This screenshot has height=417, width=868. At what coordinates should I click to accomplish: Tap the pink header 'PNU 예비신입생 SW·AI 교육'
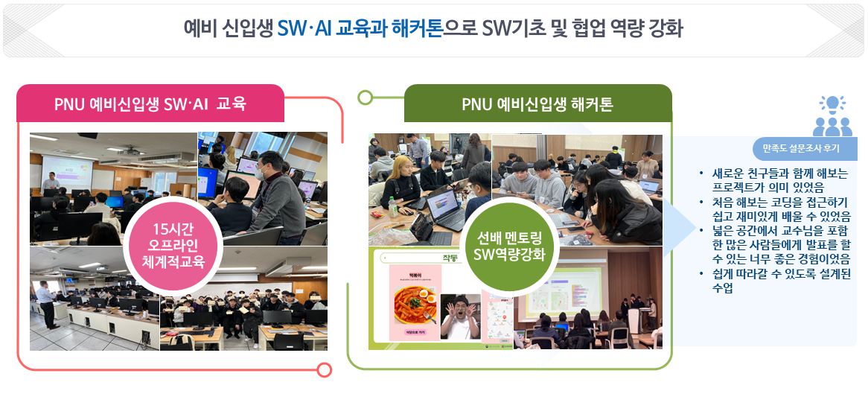150,104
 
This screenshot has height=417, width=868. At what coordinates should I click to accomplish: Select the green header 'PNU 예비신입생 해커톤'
537,104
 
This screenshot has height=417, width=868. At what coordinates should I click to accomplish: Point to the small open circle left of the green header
365,98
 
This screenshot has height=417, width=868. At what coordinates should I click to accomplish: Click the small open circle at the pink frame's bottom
324,369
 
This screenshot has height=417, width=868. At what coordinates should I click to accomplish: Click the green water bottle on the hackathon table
392,206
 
